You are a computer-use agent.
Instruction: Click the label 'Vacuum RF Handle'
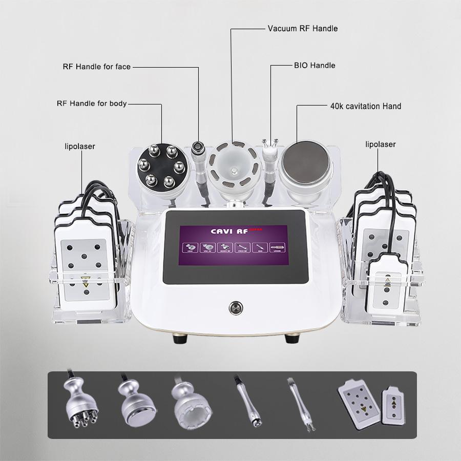(x=303, y=29)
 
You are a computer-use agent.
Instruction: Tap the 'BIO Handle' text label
(x=315, y=66)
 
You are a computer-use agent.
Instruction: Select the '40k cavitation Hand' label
(x=365, y=107)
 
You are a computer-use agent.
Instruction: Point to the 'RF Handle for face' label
(x=97, y=67)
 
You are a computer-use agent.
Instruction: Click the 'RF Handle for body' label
(x=92, y=103)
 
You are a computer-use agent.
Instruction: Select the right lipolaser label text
(x=380, y=144)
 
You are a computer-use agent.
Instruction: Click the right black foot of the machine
(x=292, y=339)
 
